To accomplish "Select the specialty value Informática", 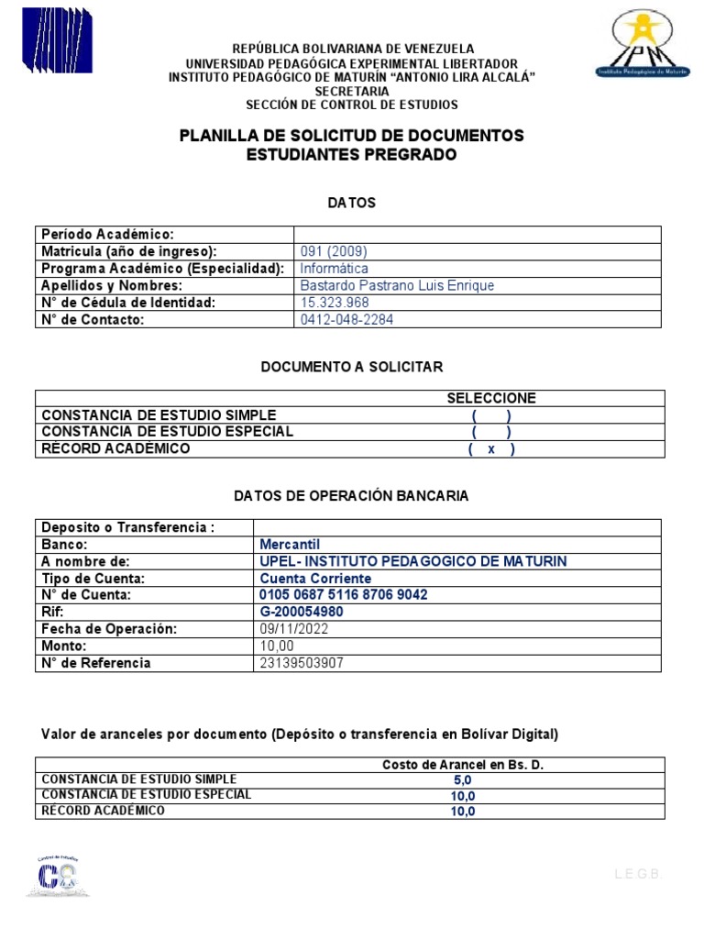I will (335, 269).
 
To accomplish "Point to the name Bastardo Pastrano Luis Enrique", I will (397, 285).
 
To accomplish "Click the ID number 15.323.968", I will (335, 303).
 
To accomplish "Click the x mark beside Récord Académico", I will (491, 449).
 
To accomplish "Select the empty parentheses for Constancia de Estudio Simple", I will (491, 414).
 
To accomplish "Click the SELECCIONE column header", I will (491, 398).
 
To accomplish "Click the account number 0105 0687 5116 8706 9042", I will (344, 595).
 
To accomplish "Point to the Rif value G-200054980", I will (302, 612).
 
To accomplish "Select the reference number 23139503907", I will (302, 663).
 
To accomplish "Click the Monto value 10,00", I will (277, 646).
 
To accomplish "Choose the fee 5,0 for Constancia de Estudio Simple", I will (463, 779).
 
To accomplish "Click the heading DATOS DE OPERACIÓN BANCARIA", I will (351, 495).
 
